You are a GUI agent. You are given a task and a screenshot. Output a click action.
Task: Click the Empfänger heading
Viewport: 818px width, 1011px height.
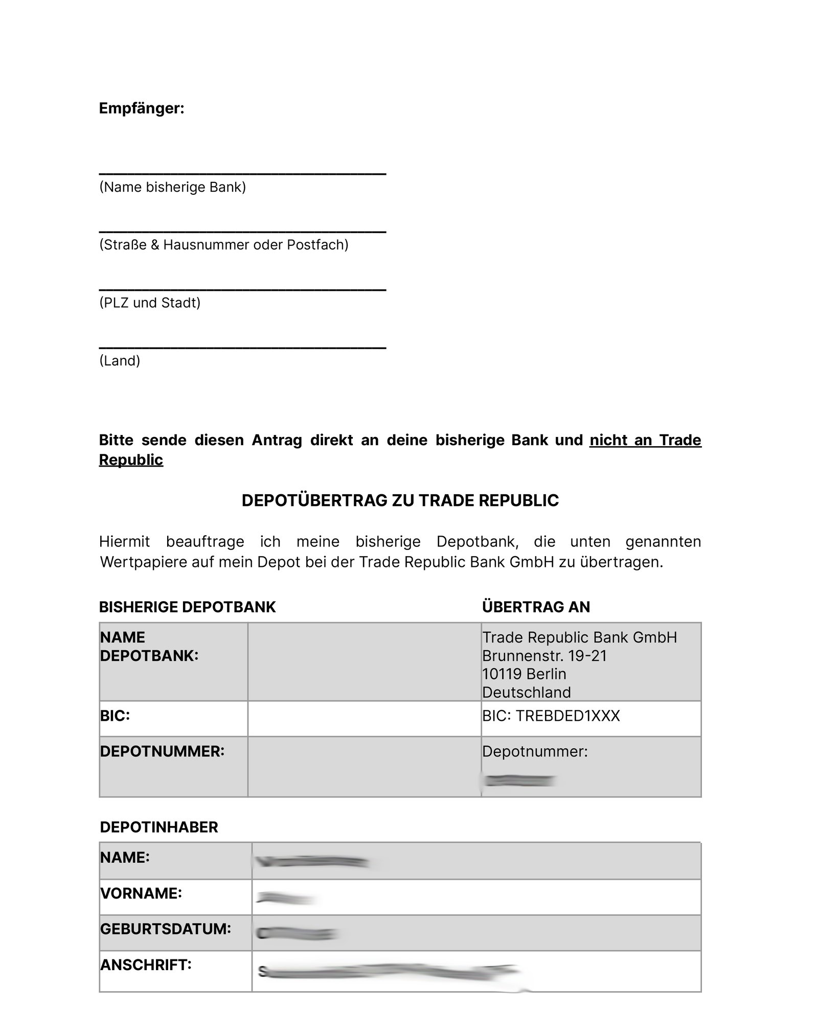tap(141, 108)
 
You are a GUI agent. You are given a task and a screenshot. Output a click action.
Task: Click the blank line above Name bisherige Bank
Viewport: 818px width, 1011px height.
tap(242, 173)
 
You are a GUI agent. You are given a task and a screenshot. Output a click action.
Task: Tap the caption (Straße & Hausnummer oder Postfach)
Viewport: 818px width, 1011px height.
tap(223, 245)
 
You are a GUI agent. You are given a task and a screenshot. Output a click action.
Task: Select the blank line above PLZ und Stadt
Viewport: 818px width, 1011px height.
tap(242, 289)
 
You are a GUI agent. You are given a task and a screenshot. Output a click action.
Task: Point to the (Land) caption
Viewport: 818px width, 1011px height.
tap(120, 361)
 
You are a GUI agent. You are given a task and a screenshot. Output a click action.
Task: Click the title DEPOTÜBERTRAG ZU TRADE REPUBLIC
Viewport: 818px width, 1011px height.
tap(400, 500)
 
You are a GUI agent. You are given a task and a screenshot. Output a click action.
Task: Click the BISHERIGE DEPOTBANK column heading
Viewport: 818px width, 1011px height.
tap(187, 607)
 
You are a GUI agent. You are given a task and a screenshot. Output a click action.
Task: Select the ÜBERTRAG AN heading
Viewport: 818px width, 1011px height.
tap(536, 607)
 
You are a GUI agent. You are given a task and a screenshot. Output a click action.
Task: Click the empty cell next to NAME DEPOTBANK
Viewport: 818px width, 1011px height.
tap(364, 661)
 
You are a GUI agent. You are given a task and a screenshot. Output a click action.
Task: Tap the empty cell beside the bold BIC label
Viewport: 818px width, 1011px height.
tap(364, 718)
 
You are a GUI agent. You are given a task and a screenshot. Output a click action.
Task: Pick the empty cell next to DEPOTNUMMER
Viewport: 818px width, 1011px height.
tap(364, 766)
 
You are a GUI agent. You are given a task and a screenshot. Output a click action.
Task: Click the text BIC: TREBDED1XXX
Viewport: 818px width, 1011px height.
tap(551, 716)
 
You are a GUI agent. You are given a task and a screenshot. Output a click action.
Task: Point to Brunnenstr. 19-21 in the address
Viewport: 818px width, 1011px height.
tap(544, 656)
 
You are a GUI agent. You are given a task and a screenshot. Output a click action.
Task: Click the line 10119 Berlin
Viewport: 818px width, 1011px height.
tap(524, 674)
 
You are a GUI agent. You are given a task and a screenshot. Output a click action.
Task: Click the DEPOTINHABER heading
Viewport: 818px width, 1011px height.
tap(159, 827)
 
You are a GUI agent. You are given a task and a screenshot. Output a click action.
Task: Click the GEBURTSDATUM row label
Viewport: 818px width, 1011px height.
tap(166, 929)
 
